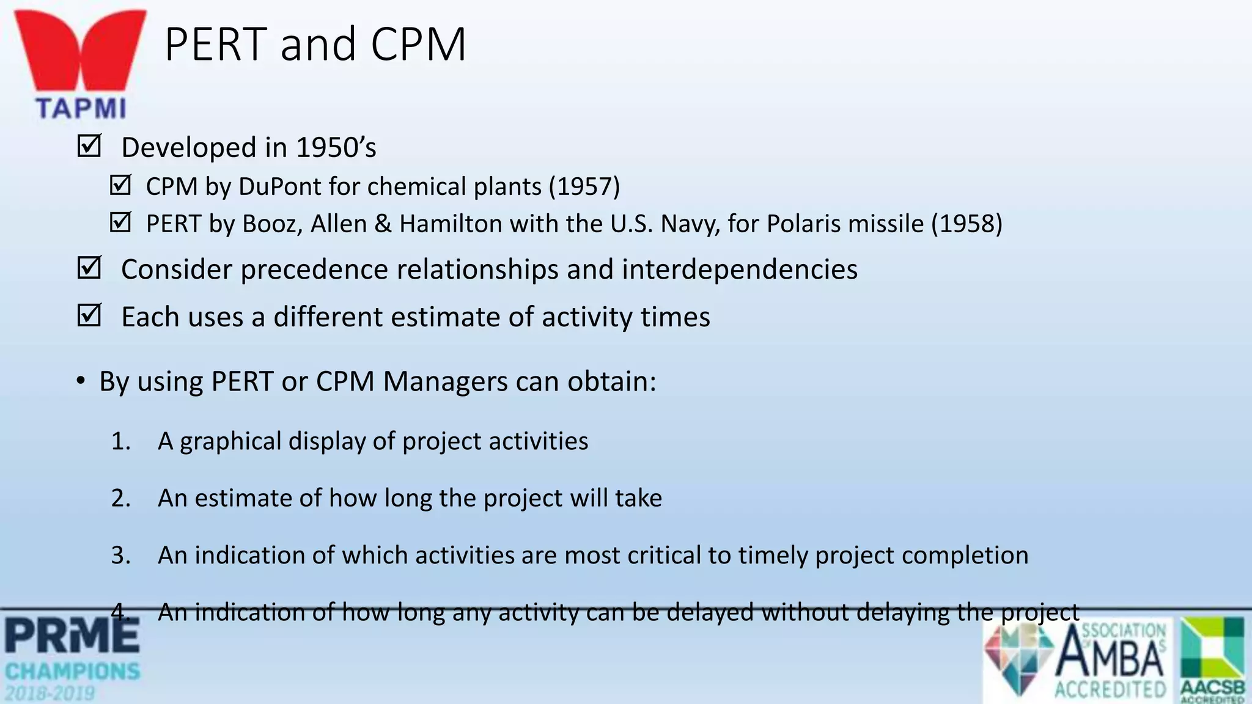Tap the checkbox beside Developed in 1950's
89,146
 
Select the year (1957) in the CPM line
584,186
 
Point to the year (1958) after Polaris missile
967,224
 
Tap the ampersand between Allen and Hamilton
383,224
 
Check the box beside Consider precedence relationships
89,268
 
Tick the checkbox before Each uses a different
89,315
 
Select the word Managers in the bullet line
444,381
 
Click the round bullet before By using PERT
81,381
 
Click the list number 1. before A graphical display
120,441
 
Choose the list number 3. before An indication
120,555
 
